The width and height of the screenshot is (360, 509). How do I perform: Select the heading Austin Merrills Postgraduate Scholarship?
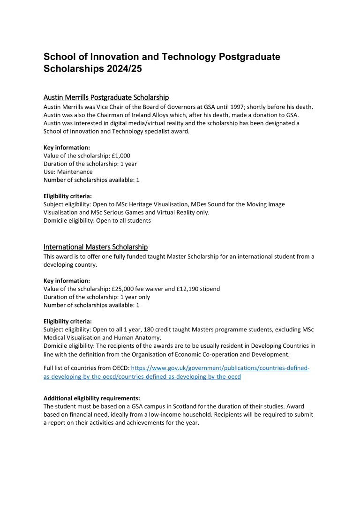tap(106, 97)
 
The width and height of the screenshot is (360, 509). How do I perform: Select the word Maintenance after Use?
tap(75, 172)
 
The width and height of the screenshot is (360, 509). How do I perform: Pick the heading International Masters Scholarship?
tap(96, 247)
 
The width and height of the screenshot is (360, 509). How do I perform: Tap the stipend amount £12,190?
tap(185, 289)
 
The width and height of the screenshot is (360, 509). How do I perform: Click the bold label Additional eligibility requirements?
tap(88, 398)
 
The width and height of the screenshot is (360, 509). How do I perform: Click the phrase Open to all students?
tap(123, 220)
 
